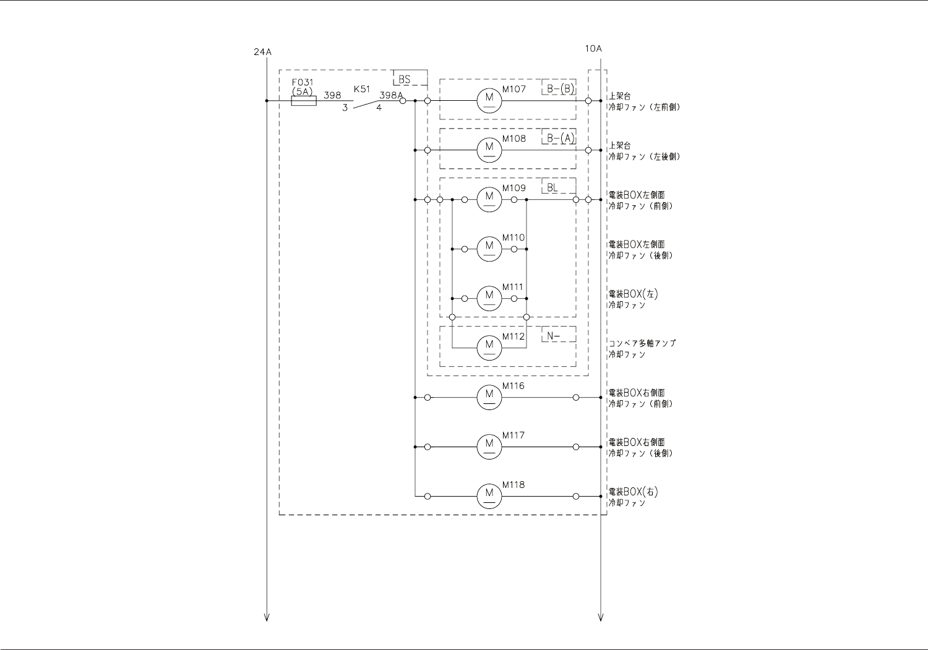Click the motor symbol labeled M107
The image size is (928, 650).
pos(489,100)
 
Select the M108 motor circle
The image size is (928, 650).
pos(489,150)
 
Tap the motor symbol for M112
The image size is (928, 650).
pos(489,348)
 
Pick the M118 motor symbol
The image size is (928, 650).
pos(489,496)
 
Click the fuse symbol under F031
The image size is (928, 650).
pos(303,101)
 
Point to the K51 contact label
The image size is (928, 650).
pos(361,89)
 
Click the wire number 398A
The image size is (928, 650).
pos(390,95)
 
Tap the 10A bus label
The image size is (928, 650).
pos(593,48)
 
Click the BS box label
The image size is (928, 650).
pos(405,79)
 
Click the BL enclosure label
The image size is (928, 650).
pos(552,187)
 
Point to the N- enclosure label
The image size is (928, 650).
pos(553,336)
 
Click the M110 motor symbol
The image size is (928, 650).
pos(489,249)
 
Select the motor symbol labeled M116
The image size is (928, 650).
pos(489,397)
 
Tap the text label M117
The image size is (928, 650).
pos(513,435)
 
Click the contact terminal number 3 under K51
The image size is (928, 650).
pos(345,108)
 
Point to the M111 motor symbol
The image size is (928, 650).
pos(489,298)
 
